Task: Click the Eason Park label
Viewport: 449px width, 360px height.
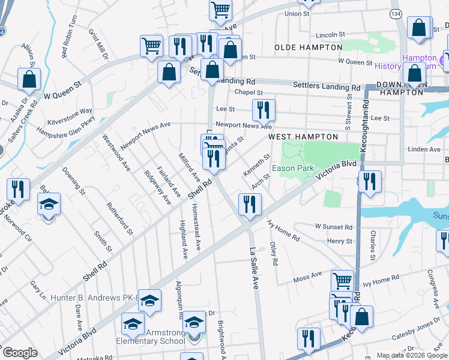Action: click(x=292, y=169)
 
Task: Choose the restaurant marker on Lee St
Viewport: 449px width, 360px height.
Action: click(x=263, y=109)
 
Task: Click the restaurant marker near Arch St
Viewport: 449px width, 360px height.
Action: click(x=247, y=203)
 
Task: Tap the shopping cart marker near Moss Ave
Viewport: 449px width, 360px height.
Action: click(x=342, y=280)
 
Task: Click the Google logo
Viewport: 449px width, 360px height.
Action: click(x=19, y=352)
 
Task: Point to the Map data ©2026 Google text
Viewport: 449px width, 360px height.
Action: click(x=412, y=355)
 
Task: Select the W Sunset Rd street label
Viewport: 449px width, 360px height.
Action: click(x=334, y=227)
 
